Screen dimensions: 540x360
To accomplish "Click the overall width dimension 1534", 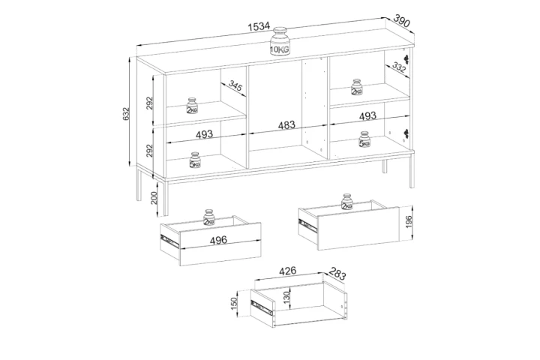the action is click(x=259, y=26).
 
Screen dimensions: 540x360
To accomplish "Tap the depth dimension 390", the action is click(x=401, y=20).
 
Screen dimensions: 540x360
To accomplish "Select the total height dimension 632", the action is click(x=126, y=114).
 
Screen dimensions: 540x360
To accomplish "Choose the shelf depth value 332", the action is click(x=399, y=67).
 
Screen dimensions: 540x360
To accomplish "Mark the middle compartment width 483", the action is click(x=286, y=124).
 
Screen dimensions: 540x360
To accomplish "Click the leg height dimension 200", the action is click(x=154, y=198).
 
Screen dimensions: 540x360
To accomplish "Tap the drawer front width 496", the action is click(x=218, y=240).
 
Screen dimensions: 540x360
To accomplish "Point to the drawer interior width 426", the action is click(x=287, y=271).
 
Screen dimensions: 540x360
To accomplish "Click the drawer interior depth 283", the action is click(x=337, y=274).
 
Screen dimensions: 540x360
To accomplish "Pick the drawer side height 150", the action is click(x=234, y=303).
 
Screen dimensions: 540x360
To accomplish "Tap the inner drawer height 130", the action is click(x=287, y=296).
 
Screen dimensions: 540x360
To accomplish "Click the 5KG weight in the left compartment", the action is click(x=194, y=160).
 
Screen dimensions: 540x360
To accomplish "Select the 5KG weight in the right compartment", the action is click(x=364, y=139).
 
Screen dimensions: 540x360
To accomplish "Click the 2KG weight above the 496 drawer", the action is click(x=208, y=217).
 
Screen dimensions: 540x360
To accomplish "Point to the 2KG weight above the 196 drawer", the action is click(x=346, y=202).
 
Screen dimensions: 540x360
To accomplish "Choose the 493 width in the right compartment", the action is click(x=367, y=115).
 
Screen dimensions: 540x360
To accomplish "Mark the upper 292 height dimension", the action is click(x=149, y=103).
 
